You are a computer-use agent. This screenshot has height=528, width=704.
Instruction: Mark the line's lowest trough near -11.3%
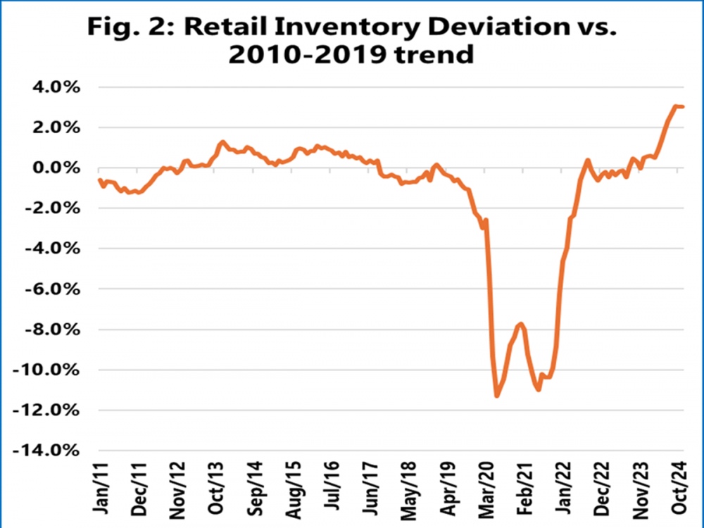tap(497, 396)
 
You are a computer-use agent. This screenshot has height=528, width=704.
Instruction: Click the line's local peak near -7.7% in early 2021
tap(521, 323)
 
